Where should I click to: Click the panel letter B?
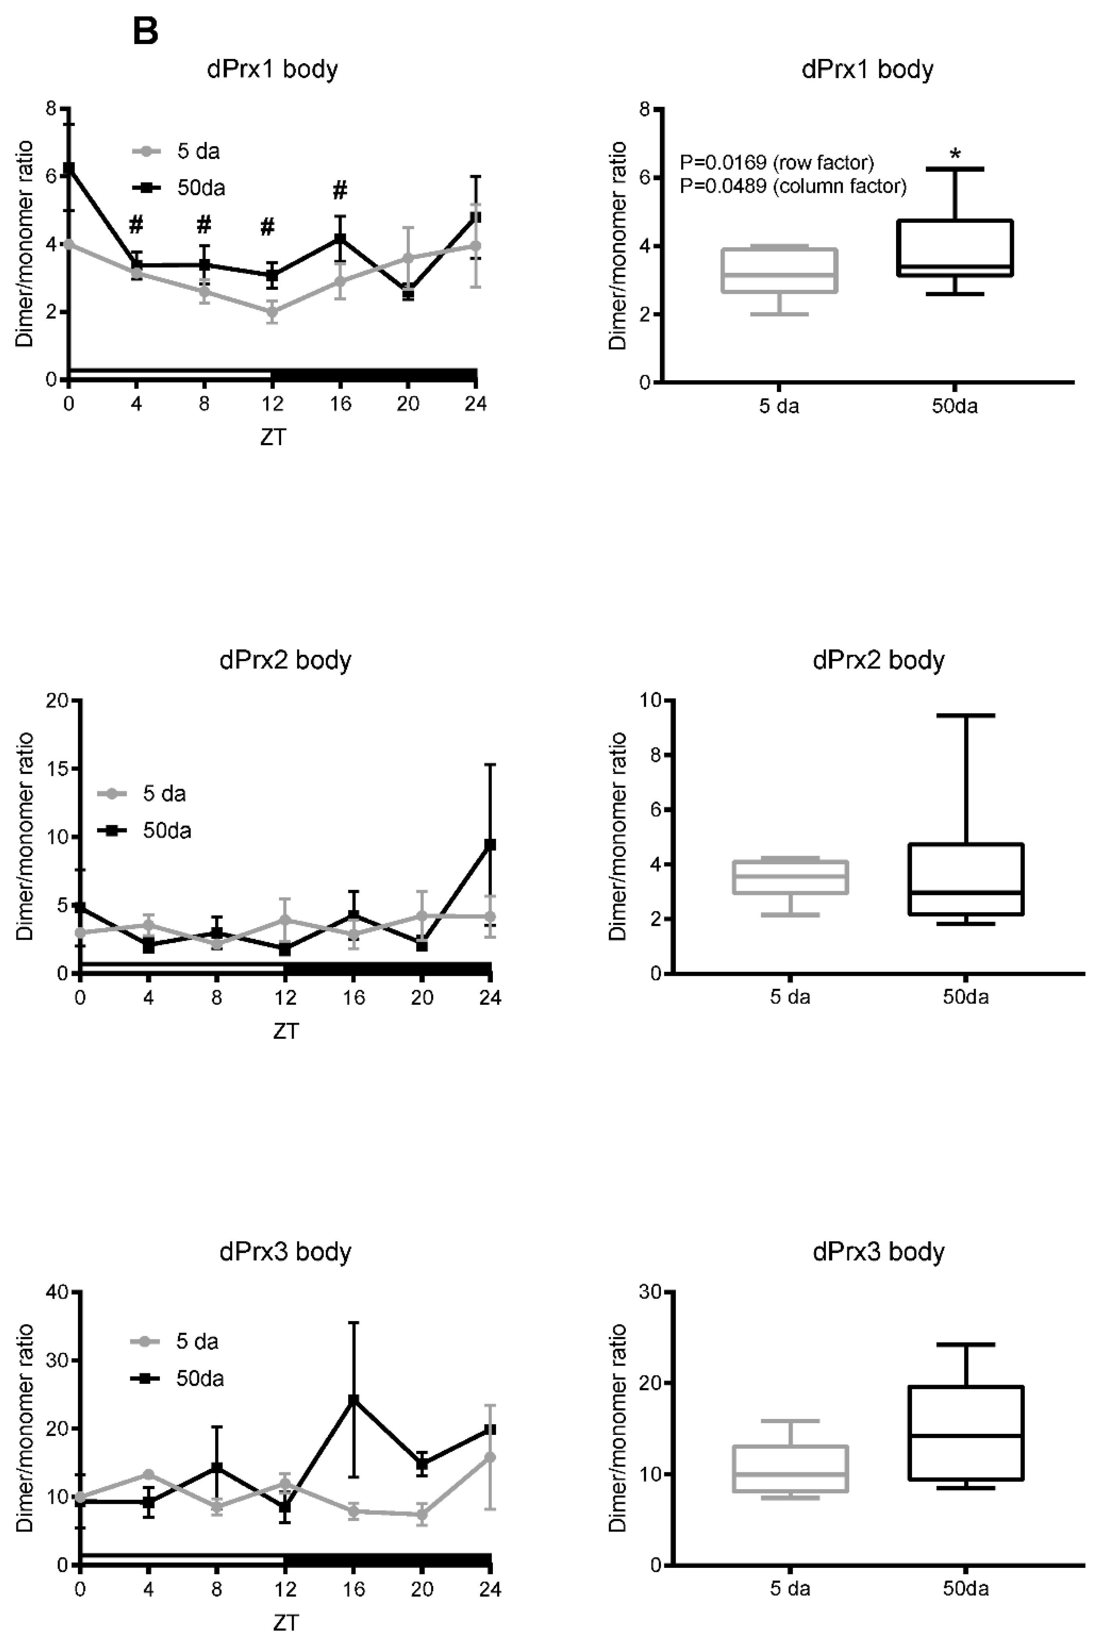[145, 32]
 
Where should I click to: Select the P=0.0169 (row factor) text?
[777, 163]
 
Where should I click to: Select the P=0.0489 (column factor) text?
[793, 186]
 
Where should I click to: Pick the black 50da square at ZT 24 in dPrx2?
[491, 845]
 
